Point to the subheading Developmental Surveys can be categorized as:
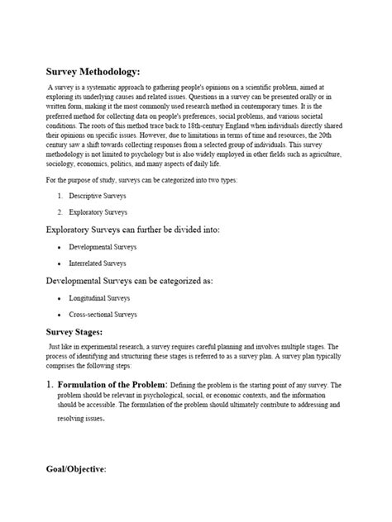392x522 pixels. click(x=129, y=281)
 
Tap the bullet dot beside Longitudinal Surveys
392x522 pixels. click(x=60, y=298)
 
